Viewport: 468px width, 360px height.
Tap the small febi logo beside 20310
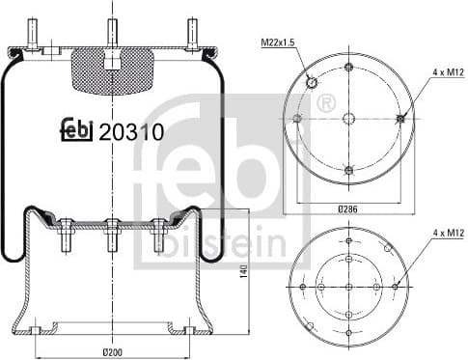click(78, 130)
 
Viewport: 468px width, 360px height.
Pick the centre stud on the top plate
click(113, 31)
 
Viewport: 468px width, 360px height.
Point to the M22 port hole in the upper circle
click(313, 84)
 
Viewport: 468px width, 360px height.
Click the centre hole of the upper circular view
click(348, 118)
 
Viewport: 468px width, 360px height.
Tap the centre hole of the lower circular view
click(348, 286)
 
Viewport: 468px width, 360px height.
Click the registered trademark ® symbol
click(325, 102)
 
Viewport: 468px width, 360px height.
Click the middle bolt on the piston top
click(113, 233)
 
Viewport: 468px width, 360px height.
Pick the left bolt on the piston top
click(67, 233)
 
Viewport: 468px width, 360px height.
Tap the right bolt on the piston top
click(158, 233)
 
